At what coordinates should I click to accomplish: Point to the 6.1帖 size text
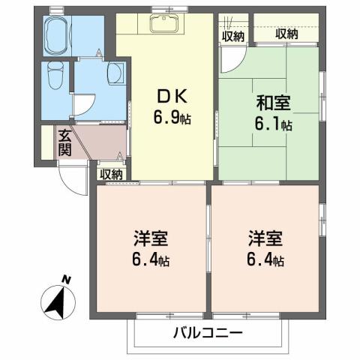[272, 125]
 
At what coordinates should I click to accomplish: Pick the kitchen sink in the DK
[162, 24]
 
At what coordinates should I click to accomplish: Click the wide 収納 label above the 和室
[286, 33]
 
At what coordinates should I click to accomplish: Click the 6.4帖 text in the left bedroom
[151, 260]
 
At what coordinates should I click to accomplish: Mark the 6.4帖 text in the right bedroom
[265, 260]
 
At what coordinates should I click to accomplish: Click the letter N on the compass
[66, 280]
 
